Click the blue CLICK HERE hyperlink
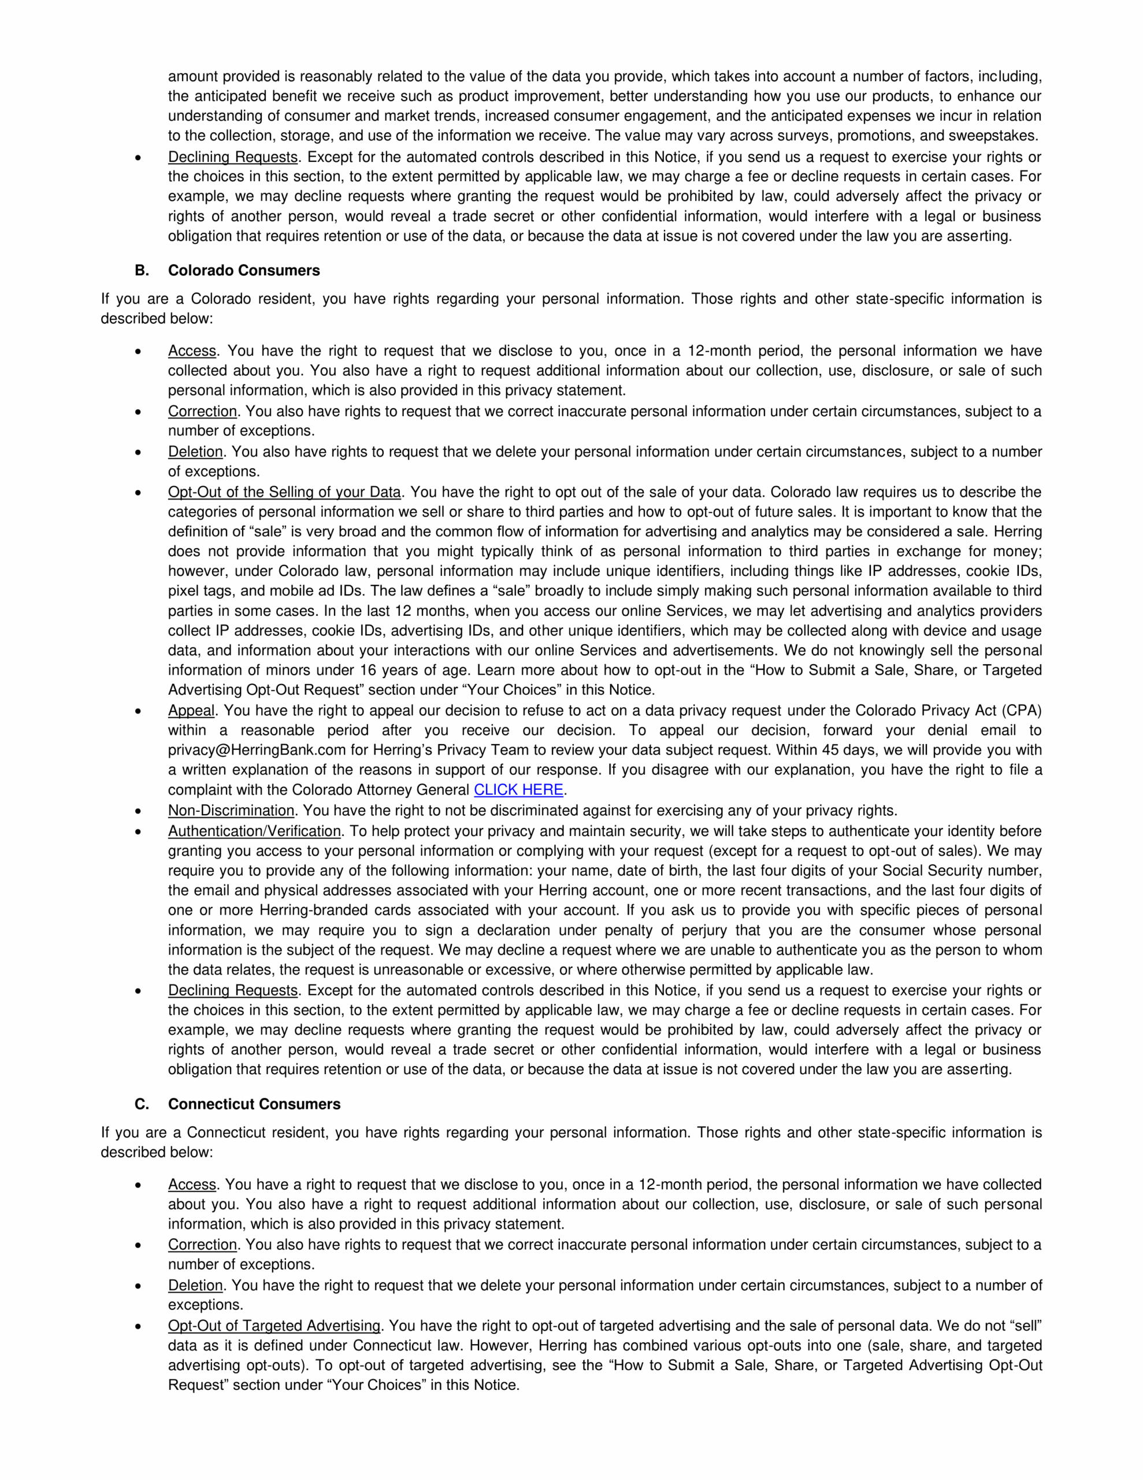click(x=518, y=790)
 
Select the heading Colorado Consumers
click(x=244, y=271)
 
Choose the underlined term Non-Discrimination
click(x=231, y=811)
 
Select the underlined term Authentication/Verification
click(x=254, y=831)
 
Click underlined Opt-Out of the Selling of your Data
click(x=284, y=492)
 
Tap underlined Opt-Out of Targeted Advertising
click(x=274, y=1326)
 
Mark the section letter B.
click(x=142, y=271)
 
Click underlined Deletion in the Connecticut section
click(x=195, y=1286)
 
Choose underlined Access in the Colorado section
click(x=192, y=351)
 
